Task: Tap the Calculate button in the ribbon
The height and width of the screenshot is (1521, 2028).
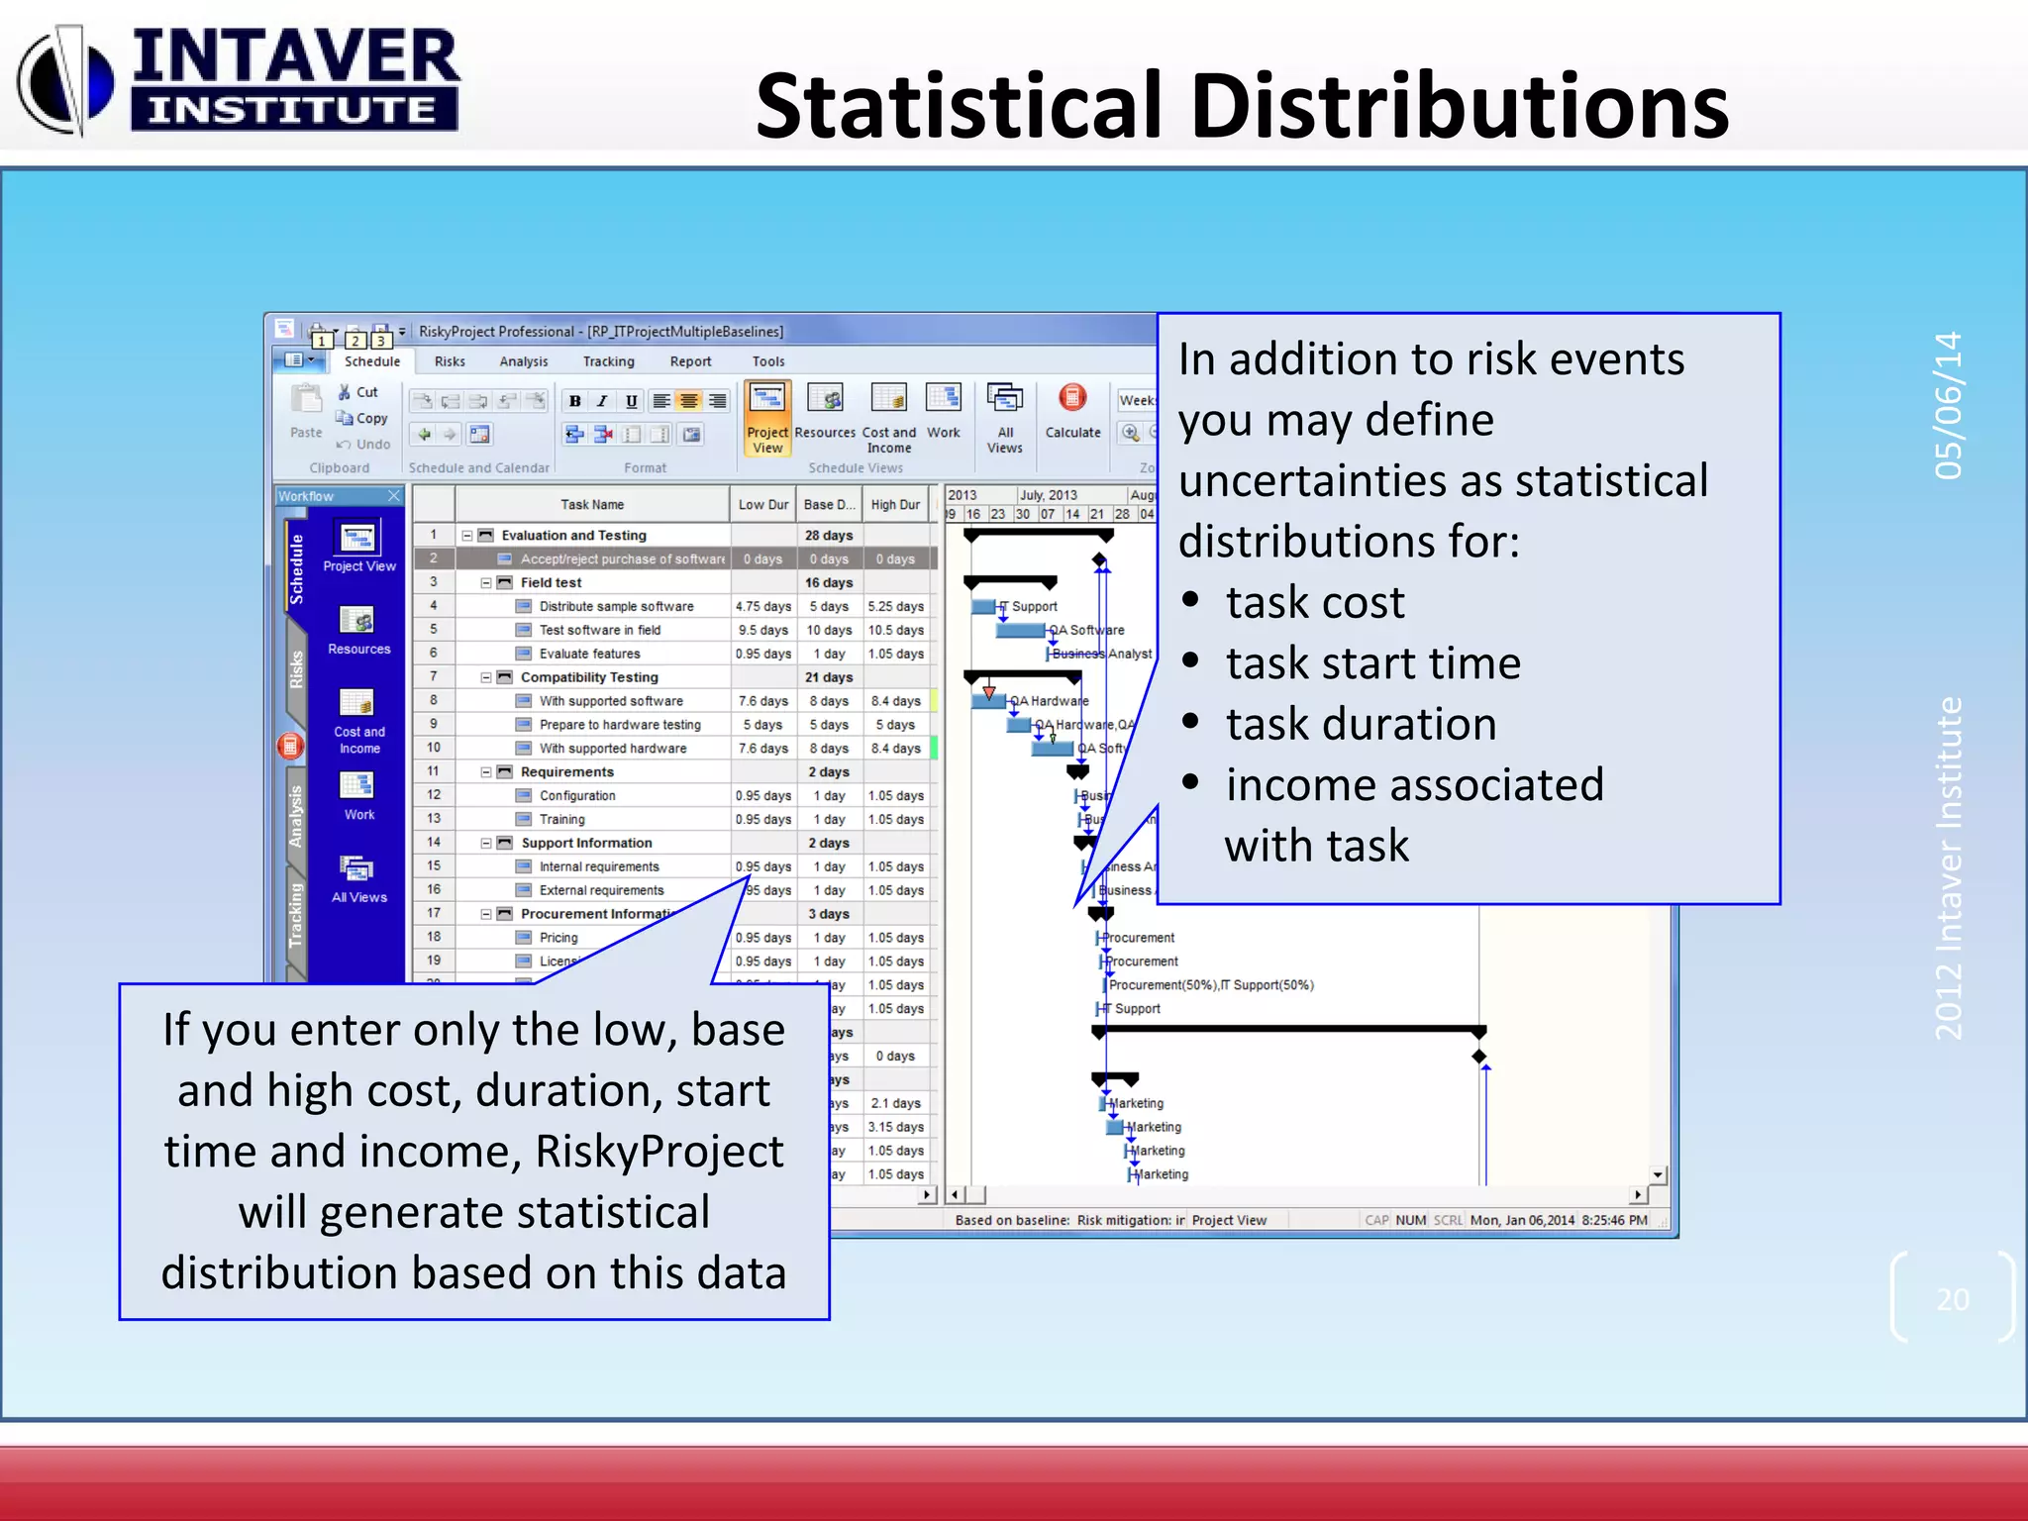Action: click(x=1072, y=411)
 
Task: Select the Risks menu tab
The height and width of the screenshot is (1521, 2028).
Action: click(x=450, y=361)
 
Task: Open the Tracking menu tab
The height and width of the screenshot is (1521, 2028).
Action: click(x=608, y=361)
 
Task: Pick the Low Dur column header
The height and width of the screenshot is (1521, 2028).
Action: click(x=762, y=505)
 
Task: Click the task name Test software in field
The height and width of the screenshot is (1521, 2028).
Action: click(x=599, y=630)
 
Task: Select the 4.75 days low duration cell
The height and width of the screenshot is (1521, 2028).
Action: click(x=762, y=606)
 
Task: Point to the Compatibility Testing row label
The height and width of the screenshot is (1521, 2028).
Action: click(x=589, y=677)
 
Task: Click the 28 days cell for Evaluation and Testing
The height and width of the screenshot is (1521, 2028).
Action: click(x=829, y=536)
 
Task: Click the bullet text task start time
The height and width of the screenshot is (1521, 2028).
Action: click(x=1372, y=663)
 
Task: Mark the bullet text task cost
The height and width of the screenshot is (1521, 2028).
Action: click(x=1315, y=603)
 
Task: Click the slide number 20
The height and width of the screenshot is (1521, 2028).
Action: click(x=1952, y=1299)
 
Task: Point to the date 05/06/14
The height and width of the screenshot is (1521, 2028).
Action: click(x=1948, y=405)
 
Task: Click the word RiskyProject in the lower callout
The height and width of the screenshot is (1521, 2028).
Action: click(x=659, y=1152)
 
